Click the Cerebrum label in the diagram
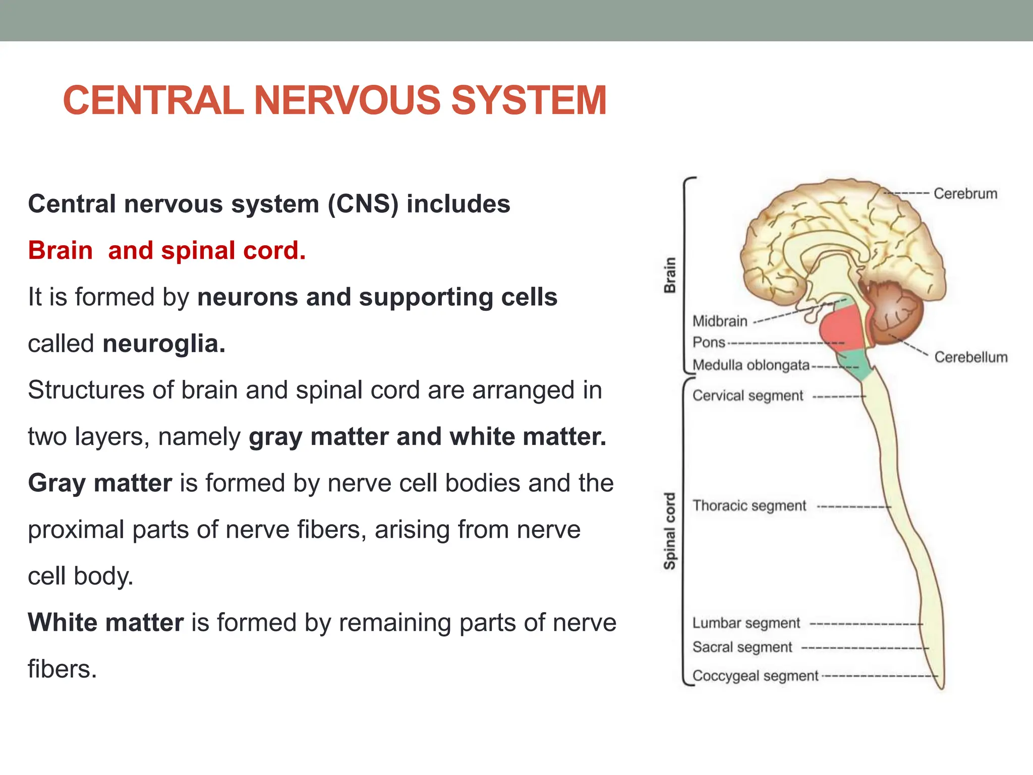965,194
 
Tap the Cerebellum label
970,357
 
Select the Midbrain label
720,321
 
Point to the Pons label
709,343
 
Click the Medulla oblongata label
751,365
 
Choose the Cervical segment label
748,396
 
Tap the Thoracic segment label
749,506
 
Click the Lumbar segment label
746,623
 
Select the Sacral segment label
742,647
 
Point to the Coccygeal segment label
755,676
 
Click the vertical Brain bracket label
669,275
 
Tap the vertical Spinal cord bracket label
669,531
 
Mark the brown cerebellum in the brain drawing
895,313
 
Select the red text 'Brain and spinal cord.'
167,251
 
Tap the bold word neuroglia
164,344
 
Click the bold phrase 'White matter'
106,623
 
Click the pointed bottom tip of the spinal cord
941,687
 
